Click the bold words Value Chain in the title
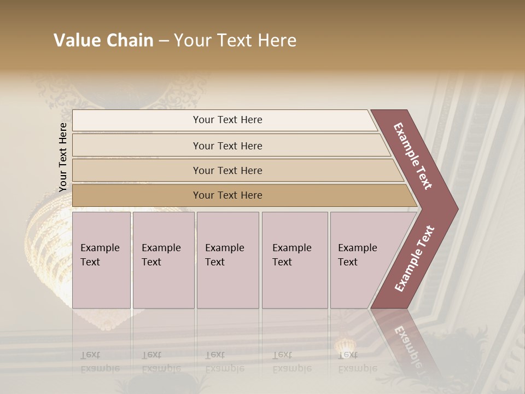coord(103,40)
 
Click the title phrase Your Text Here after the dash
coord(235,40)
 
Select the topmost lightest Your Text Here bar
coord(227,120)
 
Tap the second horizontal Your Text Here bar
coord(227,146)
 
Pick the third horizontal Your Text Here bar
coord(227,170)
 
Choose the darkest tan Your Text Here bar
coord(227,195)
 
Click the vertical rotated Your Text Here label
coord(63,157)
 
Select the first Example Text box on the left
coord(101,259)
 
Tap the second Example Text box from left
coord(163,259)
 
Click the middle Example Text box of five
coord(227,259)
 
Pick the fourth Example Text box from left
coord(294,259)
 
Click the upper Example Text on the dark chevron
coord(413,156)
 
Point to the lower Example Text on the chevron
coord(415,258)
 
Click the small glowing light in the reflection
coord(345,346)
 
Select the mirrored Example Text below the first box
coord(100,361)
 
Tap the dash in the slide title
coord(164,41)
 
